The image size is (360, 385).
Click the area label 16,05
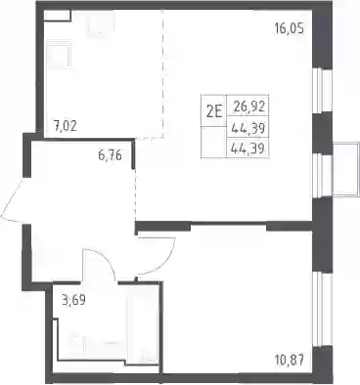[289, 29]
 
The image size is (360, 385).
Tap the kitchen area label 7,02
[66, 125]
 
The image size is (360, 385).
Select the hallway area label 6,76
[110, 155]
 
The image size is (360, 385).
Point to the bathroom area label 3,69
[73, 300]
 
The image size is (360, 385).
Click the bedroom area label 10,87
[289, 361]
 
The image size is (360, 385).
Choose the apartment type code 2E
[213, 112]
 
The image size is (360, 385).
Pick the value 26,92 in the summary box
[249, 106]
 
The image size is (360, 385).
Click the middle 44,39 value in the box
[247, 129]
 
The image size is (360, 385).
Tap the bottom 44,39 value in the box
[247, 150]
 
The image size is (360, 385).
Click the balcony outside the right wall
[345, 169]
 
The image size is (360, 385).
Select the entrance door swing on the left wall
[12, 201]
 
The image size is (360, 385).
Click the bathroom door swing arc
[101, 260]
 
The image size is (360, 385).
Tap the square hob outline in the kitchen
[59, 54]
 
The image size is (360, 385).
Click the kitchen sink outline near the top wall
[101, 23]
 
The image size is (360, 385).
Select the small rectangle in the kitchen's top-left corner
[58, 16]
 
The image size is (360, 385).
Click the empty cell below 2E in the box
[213, 142]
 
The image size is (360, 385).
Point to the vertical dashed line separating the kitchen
[162, 74]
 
